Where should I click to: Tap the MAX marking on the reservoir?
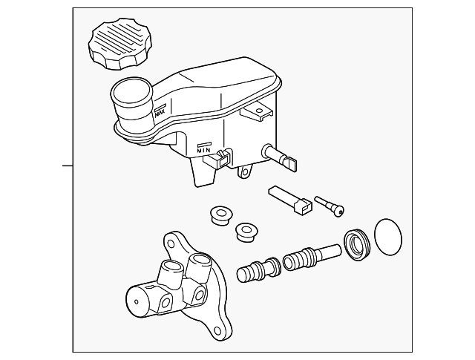pyautogui.click(x=159, y=112)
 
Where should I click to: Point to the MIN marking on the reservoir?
pyautogui.click(x=204, y=148)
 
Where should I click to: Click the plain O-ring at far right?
pyautogui.click(x=387, y=237)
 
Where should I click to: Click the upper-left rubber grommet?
pyautogui.click(x=219, y=215)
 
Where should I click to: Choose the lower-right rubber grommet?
pyautogui.click(x=244, y=231)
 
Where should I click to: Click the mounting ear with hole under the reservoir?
pyautogui.click(x=243, y=174)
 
